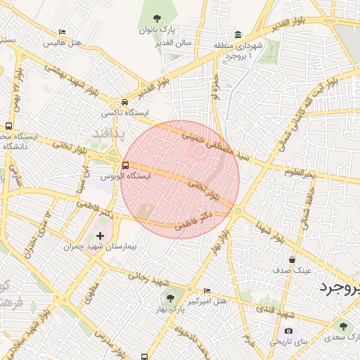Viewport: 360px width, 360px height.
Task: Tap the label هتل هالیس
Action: coord(63,43)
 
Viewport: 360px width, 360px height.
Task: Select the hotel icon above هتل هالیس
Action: coord(63,32)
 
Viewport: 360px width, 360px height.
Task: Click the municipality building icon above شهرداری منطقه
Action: coord(238,35)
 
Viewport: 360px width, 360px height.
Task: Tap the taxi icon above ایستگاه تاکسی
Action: coord(124,102)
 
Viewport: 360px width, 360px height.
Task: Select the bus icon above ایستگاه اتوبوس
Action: coord(125,165)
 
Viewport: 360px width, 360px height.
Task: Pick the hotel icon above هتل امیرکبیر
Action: coord(207,290)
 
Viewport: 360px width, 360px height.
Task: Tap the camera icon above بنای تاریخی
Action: coord(288,331)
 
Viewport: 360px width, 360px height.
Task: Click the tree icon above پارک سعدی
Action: coord(343,326)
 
